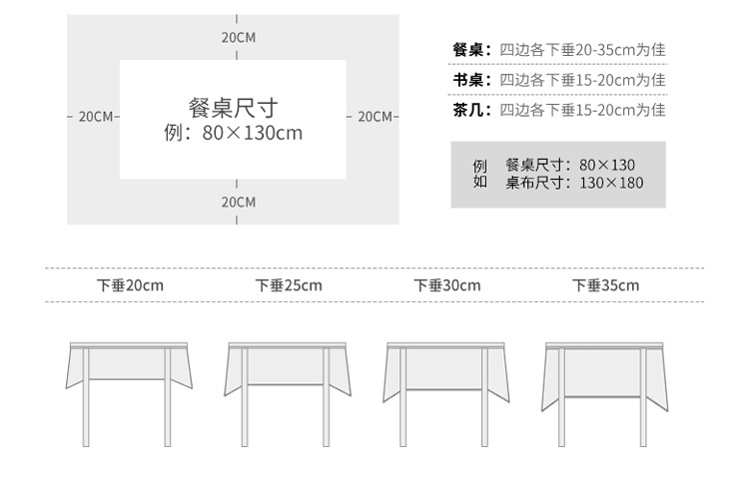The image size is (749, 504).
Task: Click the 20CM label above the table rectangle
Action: point(238,37)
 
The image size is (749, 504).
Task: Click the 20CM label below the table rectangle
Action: point(238,202)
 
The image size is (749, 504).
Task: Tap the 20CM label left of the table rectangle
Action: point(95,117)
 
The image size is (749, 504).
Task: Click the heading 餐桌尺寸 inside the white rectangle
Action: point(233,108)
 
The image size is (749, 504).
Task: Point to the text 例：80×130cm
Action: point(233,133)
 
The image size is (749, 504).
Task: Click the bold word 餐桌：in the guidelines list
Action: point(471,50)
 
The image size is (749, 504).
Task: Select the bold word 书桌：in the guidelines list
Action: point(471,80)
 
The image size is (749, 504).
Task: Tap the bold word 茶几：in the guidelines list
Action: point(471,110)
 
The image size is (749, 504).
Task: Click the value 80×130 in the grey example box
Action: point(606,165)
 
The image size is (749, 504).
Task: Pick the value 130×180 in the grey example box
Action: point(611,183)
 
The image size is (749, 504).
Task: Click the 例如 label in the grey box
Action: point(479,174)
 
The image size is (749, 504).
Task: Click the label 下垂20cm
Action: point(130,285)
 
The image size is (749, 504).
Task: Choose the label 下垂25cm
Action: point(289,285)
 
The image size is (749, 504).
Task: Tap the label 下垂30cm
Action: point(447,285)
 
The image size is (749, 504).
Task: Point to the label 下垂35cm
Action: point(605,285)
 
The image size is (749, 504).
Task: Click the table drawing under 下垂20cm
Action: point(130,389)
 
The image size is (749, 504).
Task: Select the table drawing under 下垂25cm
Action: point(289,389)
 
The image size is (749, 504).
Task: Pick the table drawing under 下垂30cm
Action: point(447,389)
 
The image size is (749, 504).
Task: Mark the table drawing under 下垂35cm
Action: point(605,389)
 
